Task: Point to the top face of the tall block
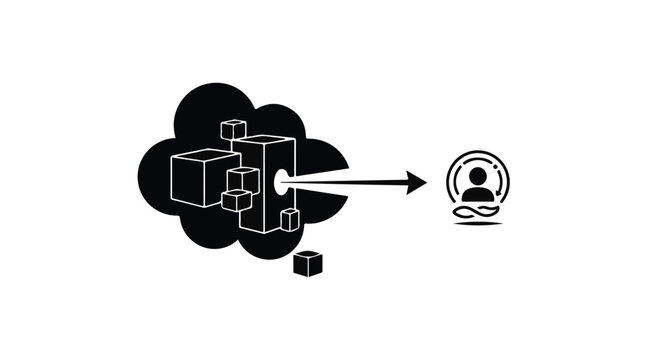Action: click(264, 141)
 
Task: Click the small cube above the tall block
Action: click(233, 129)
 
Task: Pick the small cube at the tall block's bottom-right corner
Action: click(289, 219)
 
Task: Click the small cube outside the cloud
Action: click(308, 263)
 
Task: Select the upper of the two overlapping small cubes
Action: click(244, 179)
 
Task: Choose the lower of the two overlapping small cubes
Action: click(236, 199)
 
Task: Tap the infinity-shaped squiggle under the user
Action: click(477, 211)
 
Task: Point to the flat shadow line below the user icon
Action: click(477, 224)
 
